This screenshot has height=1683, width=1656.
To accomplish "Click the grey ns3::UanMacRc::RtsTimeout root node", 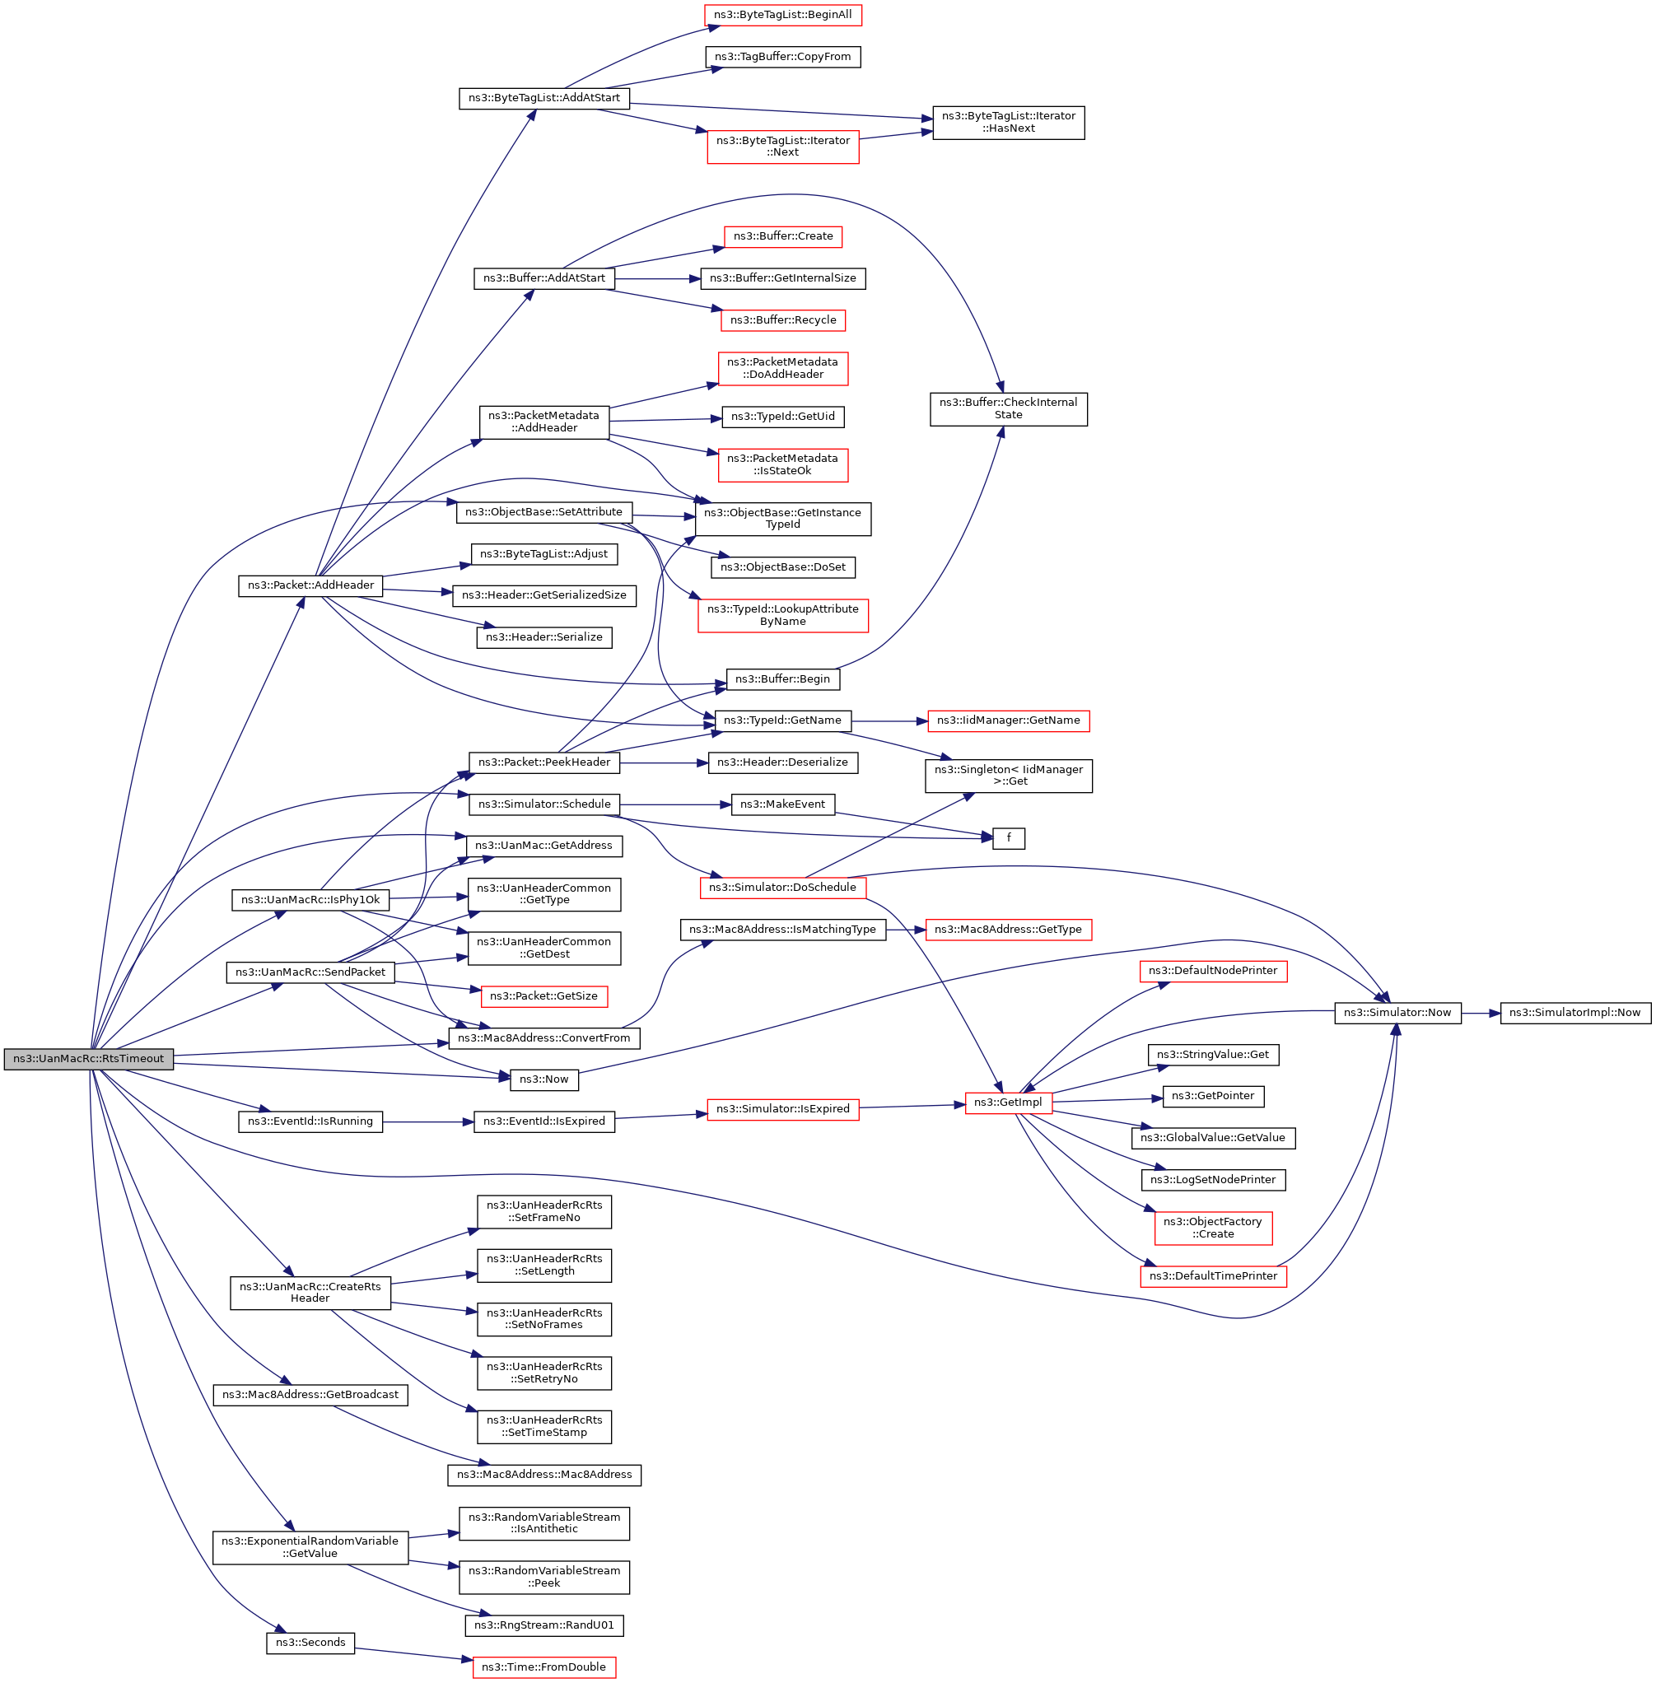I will tap(89, 1059).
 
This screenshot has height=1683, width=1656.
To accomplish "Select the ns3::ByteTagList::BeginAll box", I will tap(783, 15).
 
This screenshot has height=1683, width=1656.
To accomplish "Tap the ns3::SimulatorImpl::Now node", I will tap(1574, 1013).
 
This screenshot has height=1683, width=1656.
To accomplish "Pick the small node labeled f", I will tap(1008, 837).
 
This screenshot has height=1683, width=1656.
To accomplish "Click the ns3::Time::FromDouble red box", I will tap(543, 1667).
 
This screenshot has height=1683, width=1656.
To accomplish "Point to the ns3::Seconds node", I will tap(310, 1642).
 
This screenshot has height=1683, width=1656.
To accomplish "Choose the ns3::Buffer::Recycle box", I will tap(783, 320).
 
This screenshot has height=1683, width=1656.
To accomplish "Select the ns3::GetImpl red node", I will tap(1008, 1102).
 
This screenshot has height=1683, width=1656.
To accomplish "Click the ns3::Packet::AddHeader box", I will tap(310, 585).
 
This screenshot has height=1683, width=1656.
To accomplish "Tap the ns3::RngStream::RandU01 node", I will tap(543, 1625).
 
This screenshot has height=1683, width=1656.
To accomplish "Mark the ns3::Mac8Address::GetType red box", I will tap(1008, 929).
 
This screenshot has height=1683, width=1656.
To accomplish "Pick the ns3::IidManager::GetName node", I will tap(1008, 720).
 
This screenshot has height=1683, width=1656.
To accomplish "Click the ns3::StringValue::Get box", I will tap(1212, 1054).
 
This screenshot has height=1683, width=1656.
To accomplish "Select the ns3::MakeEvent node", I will tap(783, 804).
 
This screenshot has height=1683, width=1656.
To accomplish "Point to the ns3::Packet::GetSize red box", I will tap(543, 995).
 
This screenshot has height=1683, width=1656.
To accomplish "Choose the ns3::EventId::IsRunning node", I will tap(310, 1121).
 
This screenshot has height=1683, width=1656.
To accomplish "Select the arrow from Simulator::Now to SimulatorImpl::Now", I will tap(1481, 1014).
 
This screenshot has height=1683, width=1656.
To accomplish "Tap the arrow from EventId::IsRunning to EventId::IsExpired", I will tap(428, 1122).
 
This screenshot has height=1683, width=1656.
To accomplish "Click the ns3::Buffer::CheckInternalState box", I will tap(1008, 408).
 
